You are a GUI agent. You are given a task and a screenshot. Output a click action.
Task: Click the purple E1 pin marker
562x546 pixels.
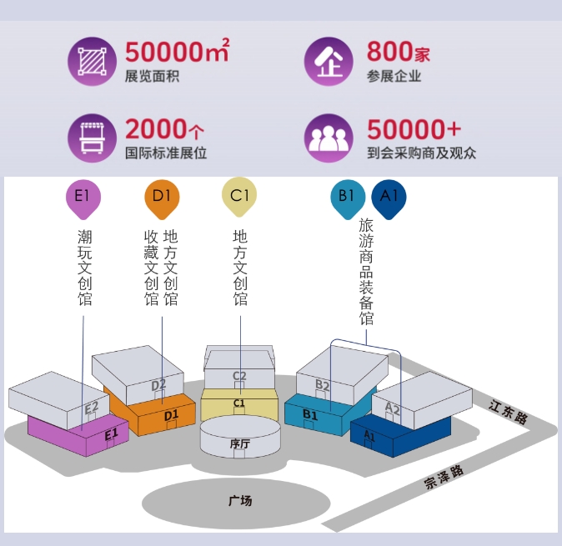pos(83,198)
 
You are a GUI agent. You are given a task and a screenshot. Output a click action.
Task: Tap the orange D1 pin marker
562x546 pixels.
pos(162,198)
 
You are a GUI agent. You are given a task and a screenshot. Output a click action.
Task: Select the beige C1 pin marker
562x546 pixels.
pos(239,197)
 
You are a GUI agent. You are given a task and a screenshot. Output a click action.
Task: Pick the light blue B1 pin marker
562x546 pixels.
pos(347,198)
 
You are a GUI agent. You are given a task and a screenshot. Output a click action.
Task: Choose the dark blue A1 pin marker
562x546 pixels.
pos(389,198)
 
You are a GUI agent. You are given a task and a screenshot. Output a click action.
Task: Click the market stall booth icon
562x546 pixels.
pos(89,138)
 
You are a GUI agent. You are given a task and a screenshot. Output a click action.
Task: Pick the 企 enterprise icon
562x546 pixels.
pos(326,63)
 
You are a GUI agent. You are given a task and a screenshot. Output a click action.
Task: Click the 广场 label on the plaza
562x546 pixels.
pos(240,501)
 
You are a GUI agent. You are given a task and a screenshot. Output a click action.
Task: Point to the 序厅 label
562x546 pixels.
pos(240,444)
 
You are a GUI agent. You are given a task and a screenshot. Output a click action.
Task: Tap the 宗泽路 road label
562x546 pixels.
pos(444,477)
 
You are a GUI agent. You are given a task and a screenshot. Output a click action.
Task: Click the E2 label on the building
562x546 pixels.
pos(92,407)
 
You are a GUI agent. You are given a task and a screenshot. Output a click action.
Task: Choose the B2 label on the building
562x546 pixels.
pos(323,384)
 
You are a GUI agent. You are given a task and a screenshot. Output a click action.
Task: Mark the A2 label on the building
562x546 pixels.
pos(393,408)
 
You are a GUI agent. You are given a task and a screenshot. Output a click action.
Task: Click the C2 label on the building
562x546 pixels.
pos(239,376)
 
